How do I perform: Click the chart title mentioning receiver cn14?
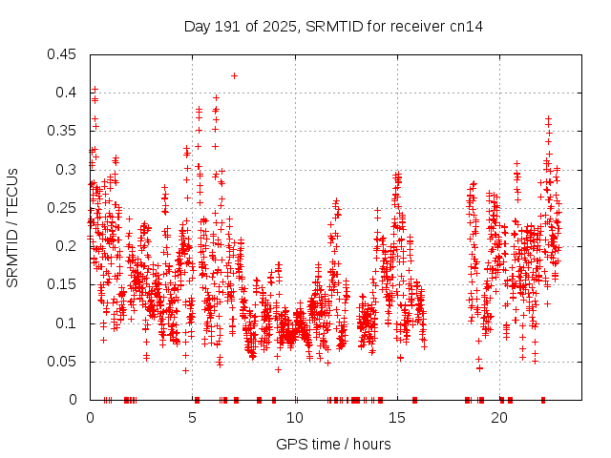point(332,26)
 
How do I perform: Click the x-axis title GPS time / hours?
point(332,444)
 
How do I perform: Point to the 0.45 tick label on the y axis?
point(64,54)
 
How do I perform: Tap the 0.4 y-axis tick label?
point(68,93)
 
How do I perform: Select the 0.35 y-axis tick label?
point(64,131)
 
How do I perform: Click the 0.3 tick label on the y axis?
point(68,170)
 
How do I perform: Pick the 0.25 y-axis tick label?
point(64,208)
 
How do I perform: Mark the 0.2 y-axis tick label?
point(68,246)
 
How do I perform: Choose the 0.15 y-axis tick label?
point(64,284)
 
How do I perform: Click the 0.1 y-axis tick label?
point(68,323)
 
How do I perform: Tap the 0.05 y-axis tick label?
point(64,362)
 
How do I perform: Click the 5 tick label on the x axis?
point(192,418)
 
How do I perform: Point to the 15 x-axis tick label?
point(396,418)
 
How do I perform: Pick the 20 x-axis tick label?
point(498,418)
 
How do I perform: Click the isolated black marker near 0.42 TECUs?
point(234,75)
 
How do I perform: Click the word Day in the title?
point(196,26)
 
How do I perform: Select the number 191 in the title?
point(225,26)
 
